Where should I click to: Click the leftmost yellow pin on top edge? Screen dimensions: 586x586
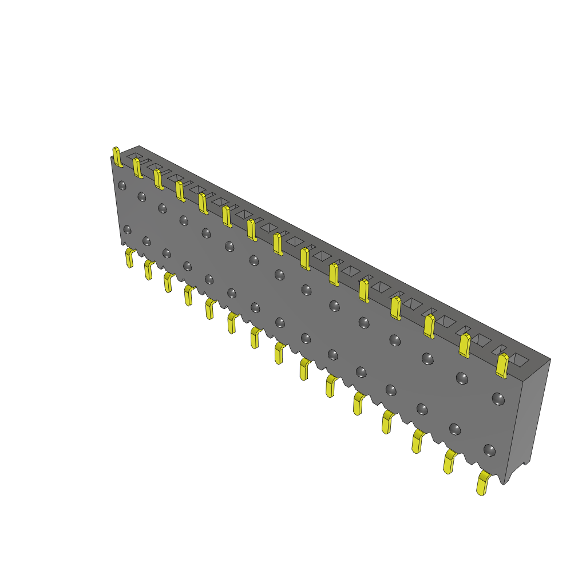point(117,157)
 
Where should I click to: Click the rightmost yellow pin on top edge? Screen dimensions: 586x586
point(502,366)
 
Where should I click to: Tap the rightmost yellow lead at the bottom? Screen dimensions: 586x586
point(483,484)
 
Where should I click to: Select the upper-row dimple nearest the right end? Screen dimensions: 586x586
point(498,398)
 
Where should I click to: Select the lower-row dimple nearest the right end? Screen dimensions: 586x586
point(489,450)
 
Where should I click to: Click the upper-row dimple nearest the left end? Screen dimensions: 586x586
point(122,185)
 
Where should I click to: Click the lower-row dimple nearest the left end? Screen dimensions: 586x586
point(127,229)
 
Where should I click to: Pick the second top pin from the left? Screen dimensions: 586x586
point(137,168)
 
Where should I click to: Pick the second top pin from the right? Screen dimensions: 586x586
point(465,346)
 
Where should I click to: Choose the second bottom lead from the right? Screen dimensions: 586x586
point(449,461)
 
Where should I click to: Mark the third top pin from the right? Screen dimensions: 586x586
point(429,326)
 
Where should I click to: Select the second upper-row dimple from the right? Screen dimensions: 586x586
point(462,378)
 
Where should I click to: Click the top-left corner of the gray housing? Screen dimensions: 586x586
point(112,157)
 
